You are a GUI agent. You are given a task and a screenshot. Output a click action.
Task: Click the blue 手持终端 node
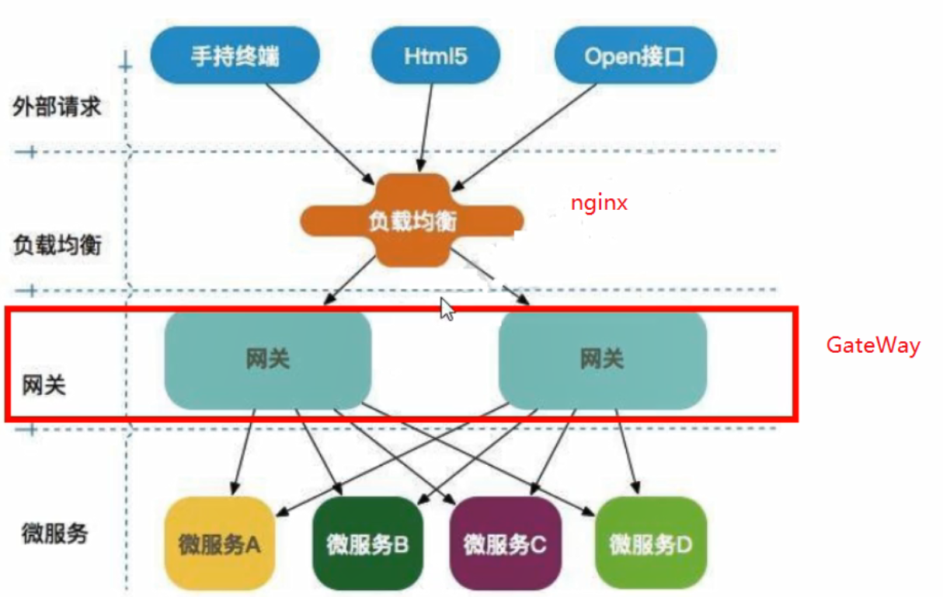tap(235, 56)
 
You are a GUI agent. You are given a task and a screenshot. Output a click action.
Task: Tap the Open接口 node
tap(635, 56)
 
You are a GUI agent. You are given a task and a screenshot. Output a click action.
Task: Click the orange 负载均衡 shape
tap(412, 222)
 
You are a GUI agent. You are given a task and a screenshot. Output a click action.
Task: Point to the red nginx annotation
tap(598, 204)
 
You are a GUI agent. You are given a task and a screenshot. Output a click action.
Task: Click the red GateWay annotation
tap(872, 345)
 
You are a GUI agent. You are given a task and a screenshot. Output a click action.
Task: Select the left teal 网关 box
tap(267, 359)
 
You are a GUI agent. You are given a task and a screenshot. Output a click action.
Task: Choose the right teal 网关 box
tap(602, 359)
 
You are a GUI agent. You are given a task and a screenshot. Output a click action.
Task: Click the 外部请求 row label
tap(57, 106)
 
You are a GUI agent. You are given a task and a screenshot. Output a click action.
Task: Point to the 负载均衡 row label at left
tap(57, 246)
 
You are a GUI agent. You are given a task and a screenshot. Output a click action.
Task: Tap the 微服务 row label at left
tap(54, 534)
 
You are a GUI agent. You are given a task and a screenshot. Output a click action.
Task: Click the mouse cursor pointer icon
tap(447, 309)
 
